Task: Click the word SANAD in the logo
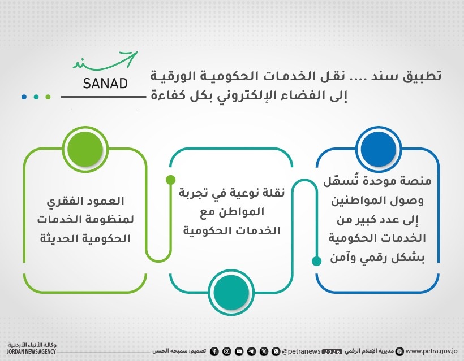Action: (105, 84)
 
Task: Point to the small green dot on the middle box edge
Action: (170, 180)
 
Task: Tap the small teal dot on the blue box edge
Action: (317, 260)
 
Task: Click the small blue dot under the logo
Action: (24, 97)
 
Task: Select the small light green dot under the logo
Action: (49, 97)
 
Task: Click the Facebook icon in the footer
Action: (214, 351)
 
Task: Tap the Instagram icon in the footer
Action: (226, 351)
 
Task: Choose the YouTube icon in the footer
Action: (239, 351)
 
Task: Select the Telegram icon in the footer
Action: (251, 351)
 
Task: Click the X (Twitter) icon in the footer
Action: (264, 351)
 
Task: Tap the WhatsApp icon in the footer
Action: (276, 351)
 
